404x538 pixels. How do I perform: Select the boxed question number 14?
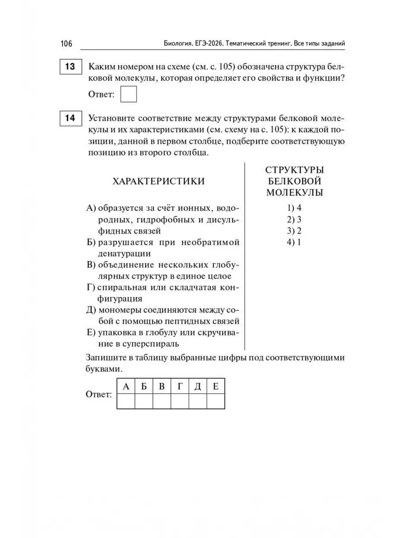click(70, 119)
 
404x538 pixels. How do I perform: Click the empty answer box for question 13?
click(129, 95)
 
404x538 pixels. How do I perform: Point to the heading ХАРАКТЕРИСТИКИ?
click(158, 181)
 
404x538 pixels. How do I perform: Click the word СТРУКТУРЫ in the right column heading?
click(295, 170)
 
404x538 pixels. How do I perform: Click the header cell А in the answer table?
click(126, 386)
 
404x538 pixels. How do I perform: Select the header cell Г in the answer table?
click(180, 386)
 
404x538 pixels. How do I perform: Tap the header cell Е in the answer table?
click(215, 386)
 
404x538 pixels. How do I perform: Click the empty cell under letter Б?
click(144, 401)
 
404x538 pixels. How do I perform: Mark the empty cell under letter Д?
click(198, 401)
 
